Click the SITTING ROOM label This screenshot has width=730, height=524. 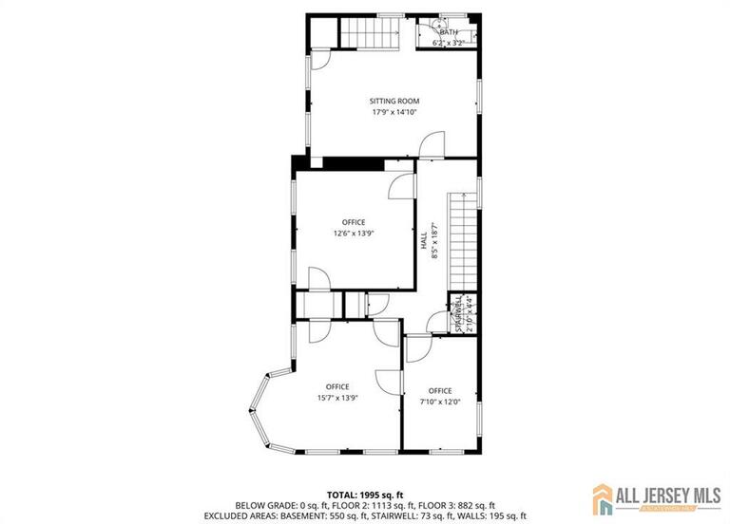pyautogui.click(x=394, y=101)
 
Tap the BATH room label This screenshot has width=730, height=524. pyautogui.click(x=448, y=32)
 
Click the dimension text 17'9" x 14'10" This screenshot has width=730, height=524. pyautogui.click(x=394, y=112)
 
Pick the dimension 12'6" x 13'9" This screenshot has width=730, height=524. pyautogui.click(x=353, y=234)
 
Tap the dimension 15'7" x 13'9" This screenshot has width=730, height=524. pyautogui.click(x=337, y=398)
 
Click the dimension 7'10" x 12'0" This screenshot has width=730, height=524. pyautogui.click(x=440, y=402)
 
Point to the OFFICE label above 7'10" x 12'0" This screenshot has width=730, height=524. pyautogui.click(x=440, y=390)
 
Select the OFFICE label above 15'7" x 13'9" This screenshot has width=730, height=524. pyautogui.click(x=337, y=386)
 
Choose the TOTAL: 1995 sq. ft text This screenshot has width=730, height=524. pyautogui.click(x=366, y=495)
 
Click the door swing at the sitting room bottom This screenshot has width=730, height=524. pyautogui.click(x=432, y=145)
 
